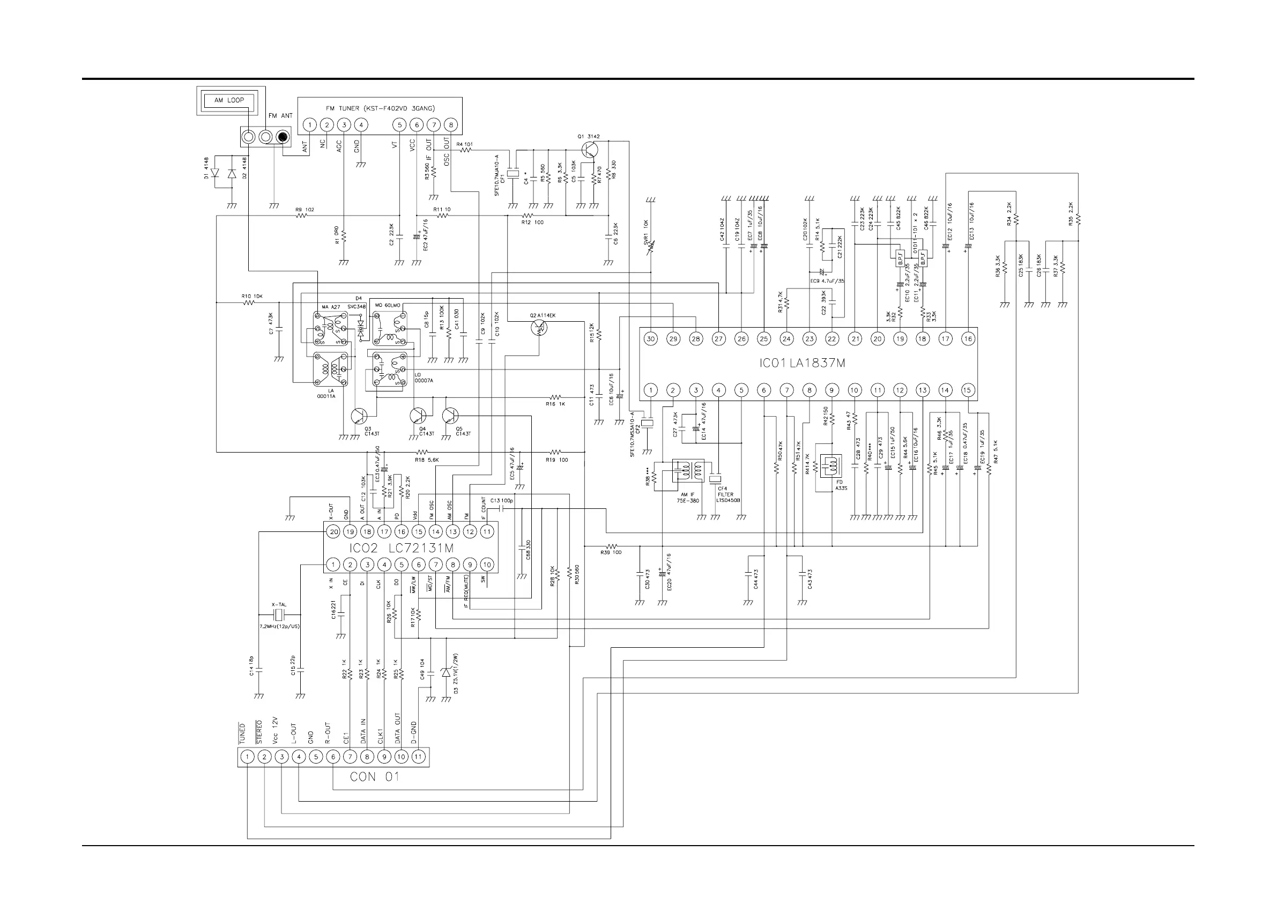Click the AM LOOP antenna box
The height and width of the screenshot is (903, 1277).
tap(229, 101)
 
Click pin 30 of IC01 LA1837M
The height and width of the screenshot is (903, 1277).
tap(650, 338)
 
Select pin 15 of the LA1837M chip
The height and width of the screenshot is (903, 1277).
tap(967, 390)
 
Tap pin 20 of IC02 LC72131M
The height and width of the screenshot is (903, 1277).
tap(333, 531)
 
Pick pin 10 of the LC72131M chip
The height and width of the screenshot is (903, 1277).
tap(487, 564)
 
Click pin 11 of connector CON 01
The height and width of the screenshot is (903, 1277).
tap(418, 757)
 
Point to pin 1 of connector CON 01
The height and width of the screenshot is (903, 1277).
tap(248, 757)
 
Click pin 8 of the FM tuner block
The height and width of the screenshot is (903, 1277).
tap(450, 124)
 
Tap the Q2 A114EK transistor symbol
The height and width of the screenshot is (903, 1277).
tap(539, 328)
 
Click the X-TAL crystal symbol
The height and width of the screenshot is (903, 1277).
tap(279, 615)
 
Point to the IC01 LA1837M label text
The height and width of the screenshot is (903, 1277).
tap(802, 364)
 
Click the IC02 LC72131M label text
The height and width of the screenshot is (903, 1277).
tap(402, 548)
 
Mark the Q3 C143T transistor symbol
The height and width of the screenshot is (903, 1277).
tap(359, 416)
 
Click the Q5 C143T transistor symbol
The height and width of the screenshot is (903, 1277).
tap(450, 416)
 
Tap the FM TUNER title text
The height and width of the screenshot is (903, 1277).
tap(380, 108)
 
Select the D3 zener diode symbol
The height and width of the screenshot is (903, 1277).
tap(445, 672)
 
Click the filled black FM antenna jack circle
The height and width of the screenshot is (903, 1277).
tap(284, 136)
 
